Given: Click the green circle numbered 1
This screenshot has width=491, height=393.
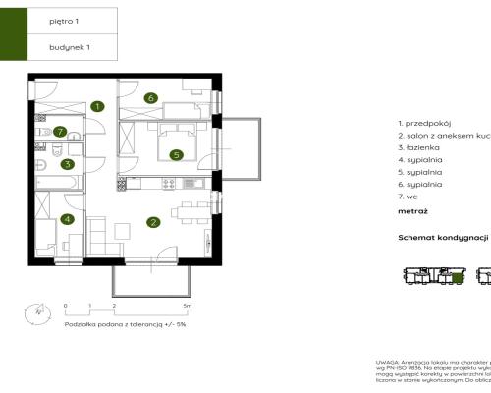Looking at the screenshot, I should click(x=97, y=106).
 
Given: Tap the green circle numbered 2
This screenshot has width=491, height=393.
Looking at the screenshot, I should click(x=153, y=222).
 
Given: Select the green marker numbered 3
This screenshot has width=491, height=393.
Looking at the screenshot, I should click(x=67, y=164).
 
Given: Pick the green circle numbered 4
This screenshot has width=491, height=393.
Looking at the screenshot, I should click(x=67, y=219).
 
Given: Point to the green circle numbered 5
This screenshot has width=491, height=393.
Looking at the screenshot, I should click(x=176, y=154).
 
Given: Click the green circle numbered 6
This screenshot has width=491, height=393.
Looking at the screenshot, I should click(x=150, y=97).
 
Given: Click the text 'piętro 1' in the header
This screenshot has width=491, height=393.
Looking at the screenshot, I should click(x=65, y=19).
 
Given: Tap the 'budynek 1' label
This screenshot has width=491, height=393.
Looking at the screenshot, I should click(x=70, y=46).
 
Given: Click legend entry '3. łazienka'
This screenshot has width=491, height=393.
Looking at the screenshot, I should click(x=418, y=146).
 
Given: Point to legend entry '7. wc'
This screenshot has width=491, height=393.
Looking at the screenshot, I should click(x=409, y=196).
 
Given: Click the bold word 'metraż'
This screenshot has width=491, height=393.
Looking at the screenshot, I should click(x=412, y=210).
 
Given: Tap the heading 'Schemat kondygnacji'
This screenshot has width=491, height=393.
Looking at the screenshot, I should click(x=443, y=238).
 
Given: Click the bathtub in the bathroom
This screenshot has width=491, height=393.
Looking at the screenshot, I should click(x=54, y=182).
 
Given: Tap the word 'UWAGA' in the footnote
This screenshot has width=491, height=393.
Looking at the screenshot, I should click(x=386, y=363).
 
